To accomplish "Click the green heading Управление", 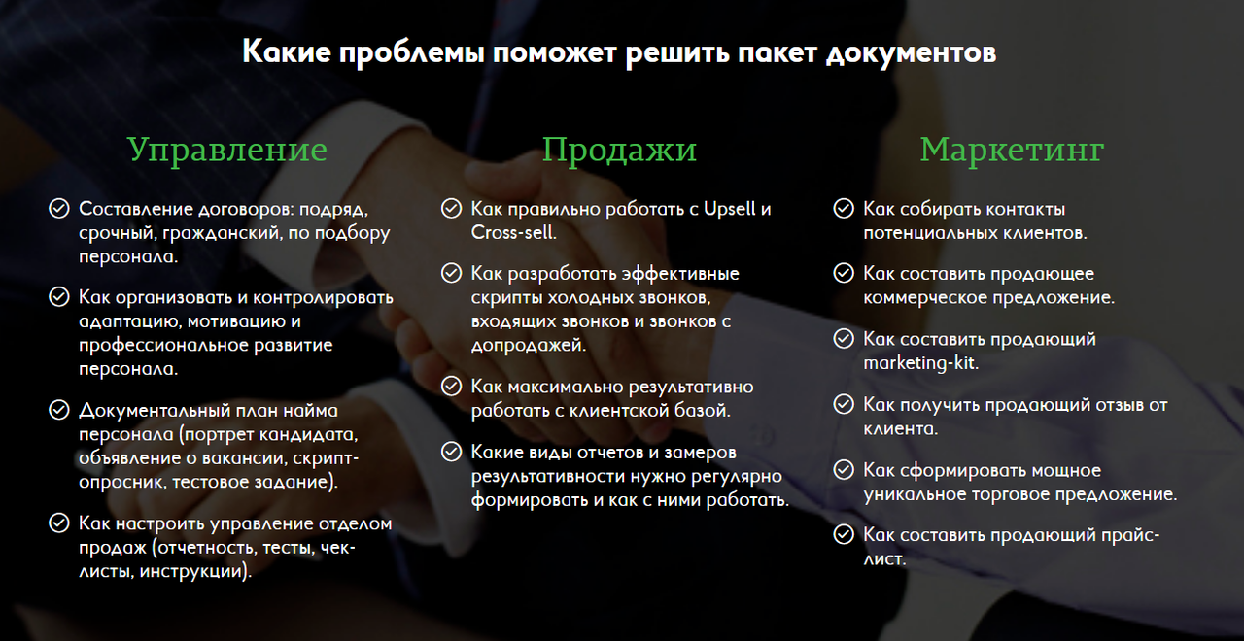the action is [x=227, y=151].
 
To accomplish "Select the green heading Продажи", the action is [x=619, y=151].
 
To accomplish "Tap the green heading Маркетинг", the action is [x=1012, y=151].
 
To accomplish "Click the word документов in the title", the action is [x=911, y=53].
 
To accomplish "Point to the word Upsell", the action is [x=729, y=209].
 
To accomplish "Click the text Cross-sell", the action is [x=514, y=232].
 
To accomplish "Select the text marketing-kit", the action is [x=920, y=363].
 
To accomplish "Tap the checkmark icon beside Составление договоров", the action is [x=59, y=209].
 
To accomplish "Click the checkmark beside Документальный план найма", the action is [x=59, y=410].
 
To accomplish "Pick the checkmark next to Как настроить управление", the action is [x=59, y=523].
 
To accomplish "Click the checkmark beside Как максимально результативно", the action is [x=452, y=386].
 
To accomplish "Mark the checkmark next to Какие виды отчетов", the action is [x=452, y=452].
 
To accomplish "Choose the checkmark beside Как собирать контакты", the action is [x=844, y=209].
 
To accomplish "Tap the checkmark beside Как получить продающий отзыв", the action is [x=844, y=405].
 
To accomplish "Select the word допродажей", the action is [x=529, y=346].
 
